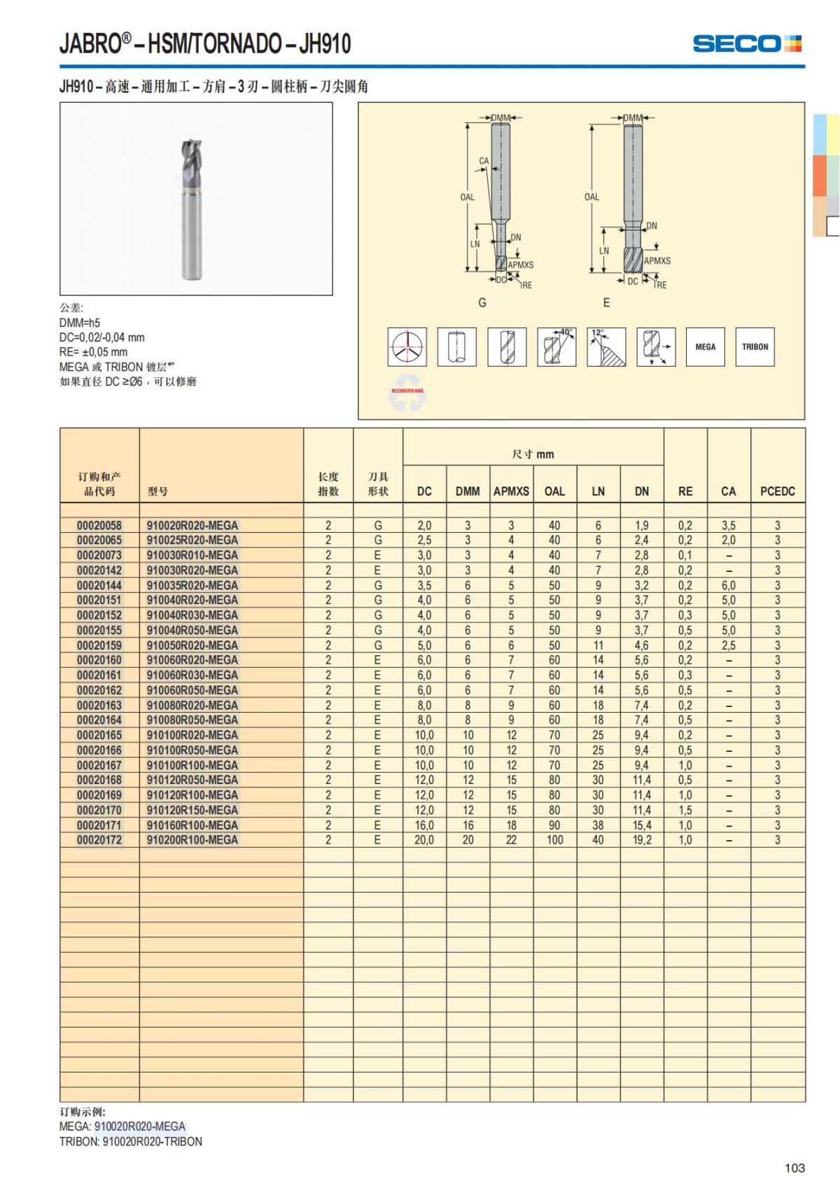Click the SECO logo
747,44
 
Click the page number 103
794,1168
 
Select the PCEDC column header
777,491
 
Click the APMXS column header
511,491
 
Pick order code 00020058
99,526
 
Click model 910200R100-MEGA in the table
192,840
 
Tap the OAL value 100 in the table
554,840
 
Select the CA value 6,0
728,586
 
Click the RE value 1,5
685,810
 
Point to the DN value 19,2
641,840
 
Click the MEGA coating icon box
706,347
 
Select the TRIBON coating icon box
755,347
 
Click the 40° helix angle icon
556,347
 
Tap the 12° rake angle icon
606,347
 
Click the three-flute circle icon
407,347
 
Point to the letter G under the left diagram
482,303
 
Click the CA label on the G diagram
484,161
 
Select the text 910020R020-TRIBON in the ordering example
153,1142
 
